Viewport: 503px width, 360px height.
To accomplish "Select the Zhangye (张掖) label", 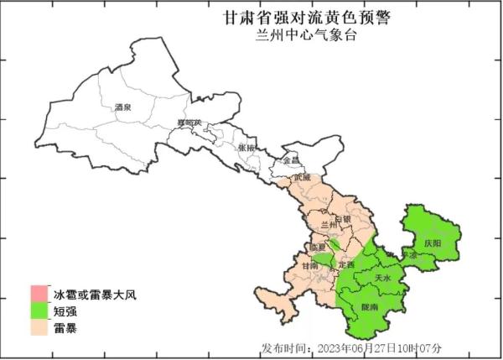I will point(246,148).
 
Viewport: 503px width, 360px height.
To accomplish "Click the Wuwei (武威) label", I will point(302,178).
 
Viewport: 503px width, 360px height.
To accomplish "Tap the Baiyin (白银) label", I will point(342,219).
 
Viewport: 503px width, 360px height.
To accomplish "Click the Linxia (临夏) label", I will point(317,248).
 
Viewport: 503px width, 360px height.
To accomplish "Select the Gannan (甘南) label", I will point(309,265).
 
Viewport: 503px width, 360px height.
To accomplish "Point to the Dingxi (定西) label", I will point(346,264).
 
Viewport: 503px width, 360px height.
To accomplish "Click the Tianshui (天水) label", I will point(382,277).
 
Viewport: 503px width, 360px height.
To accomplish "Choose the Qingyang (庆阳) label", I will point(432,242).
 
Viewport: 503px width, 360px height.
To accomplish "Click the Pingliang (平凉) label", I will point(408,253).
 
